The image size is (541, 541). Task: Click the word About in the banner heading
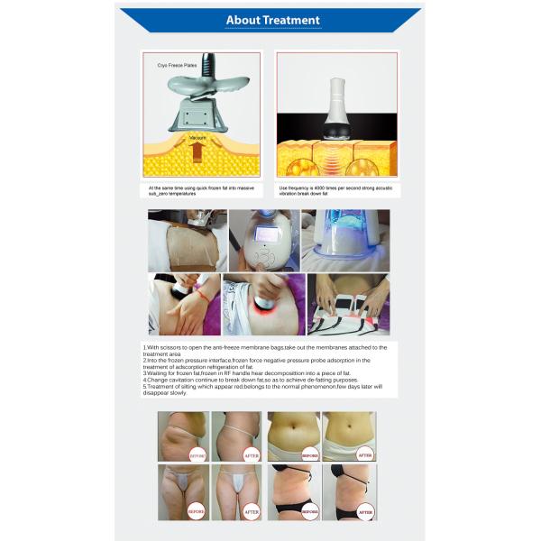[243, 20]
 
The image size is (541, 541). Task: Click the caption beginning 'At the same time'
[200, 191]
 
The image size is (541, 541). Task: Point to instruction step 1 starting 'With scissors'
[265, 350]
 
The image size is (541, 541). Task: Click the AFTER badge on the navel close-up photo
[364, 455]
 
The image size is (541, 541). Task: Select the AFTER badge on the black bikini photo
[364, 511]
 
